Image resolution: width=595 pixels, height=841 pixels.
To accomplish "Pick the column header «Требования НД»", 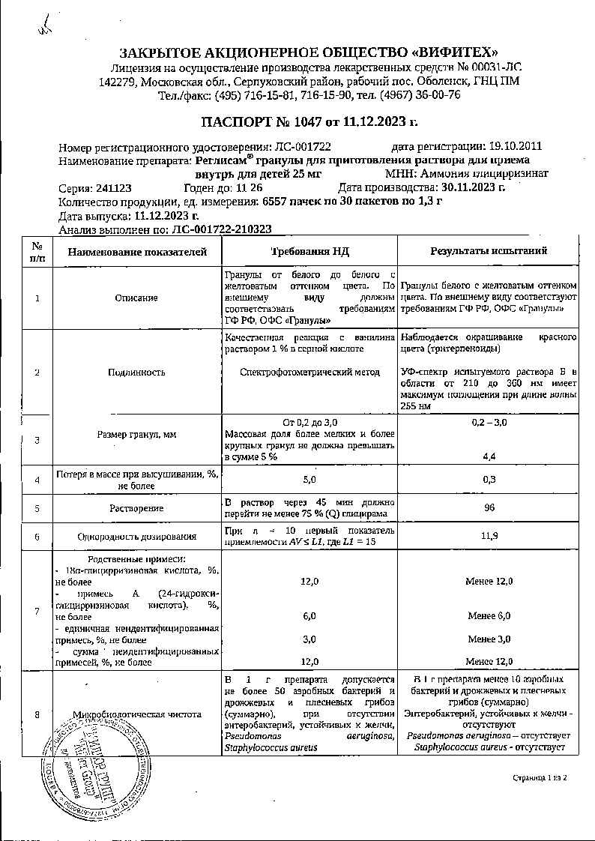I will [309, 251].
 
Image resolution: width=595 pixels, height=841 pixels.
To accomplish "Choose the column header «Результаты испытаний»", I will [489, 251].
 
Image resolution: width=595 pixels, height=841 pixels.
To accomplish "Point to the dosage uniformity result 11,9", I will [489, 536].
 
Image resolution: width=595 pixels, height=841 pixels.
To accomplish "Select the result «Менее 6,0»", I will [489, 615].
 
